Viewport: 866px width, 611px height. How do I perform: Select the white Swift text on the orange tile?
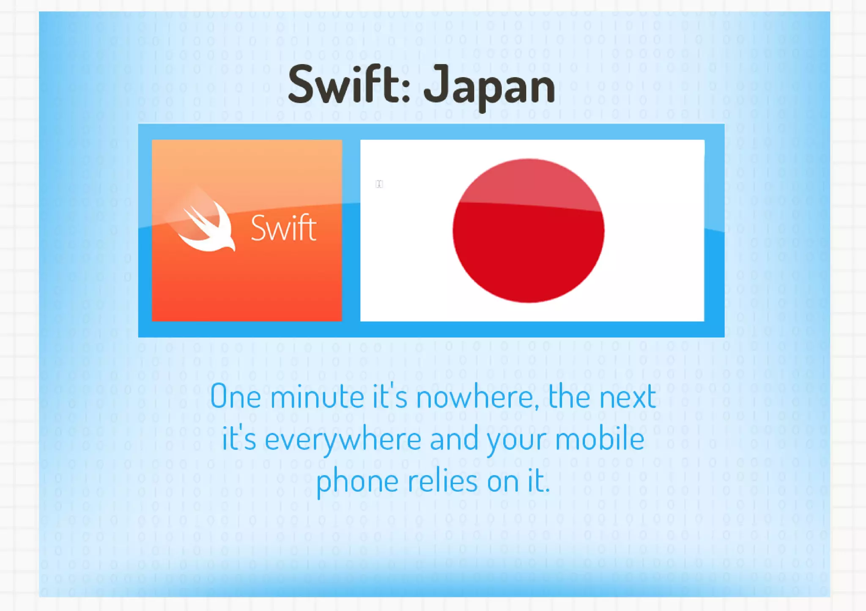point(283,228)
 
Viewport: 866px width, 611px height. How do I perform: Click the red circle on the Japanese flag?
point(528,231)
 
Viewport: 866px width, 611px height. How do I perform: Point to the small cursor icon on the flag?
point(379,184)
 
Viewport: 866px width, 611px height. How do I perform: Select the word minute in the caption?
point(317,397)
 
